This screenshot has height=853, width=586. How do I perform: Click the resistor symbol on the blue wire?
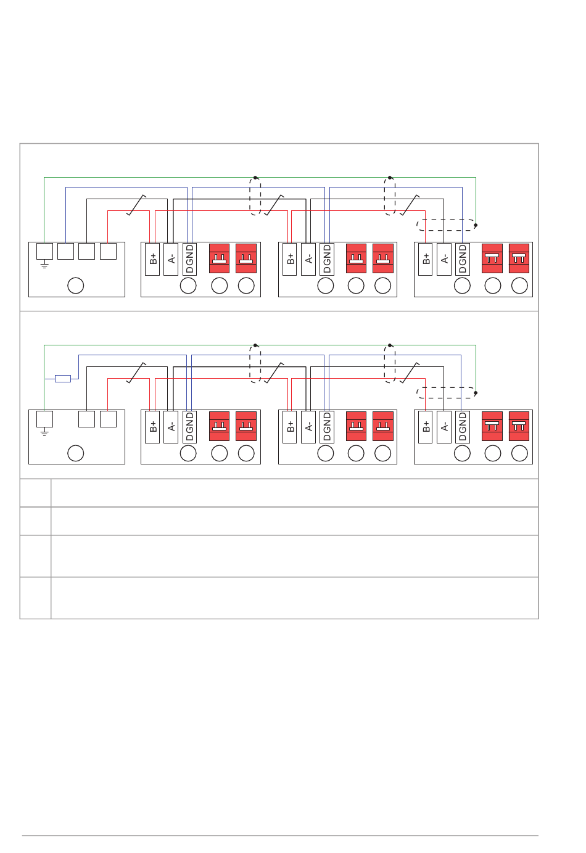[63, 379]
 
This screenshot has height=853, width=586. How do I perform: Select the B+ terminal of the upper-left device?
[152, 259]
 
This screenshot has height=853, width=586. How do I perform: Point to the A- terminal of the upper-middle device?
[308, 259]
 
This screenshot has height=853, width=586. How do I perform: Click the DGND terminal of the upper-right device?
[462, 259]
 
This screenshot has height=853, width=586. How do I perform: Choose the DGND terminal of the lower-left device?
[189, 427]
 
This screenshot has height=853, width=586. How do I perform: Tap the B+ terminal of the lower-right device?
[426, 427]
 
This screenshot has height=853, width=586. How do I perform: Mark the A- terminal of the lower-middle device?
[308, 427]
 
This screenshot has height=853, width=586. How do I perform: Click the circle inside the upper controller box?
[75, 286]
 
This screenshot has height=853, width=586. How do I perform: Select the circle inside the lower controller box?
[75, 453]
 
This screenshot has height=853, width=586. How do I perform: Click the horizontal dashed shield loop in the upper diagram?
[446, 225]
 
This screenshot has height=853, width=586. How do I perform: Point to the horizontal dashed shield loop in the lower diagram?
[446, 393]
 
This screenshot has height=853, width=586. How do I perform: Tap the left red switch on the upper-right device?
[492, 258]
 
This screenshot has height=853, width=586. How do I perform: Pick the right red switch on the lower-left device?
[246, 426]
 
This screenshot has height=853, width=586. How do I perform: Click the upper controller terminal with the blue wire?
[65, 251]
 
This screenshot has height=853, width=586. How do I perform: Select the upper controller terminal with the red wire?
[108, 251]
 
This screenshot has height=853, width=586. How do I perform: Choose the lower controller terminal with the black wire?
[86, 419]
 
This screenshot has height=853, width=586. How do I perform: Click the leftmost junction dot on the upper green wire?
[255, 178]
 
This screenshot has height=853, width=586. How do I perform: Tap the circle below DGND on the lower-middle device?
[326, 453]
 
